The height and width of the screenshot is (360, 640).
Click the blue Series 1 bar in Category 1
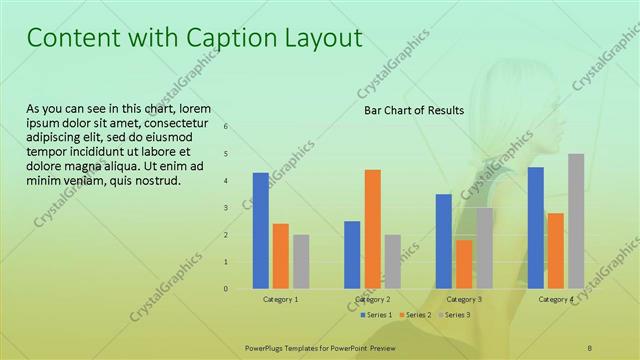pyautogui.click(x=260, y=230)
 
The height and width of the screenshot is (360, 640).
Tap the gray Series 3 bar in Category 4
pyautogui.click(x=576, y=221)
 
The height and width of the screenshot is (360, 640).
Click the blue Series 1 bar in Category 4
pyautogui.click(x=535, y=227)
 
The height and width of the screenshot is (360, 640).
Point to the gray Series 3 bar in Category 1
pyautogui.click(x=301, y=261)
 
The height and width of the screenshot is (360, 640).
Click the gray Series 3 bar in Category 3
pyautogui.click(x=484, y=248)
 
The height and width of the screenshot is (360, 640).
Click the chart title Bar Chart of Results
pyautogui.click(x=413, y=110)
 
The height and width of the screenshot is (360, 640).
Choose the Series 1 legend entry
pyautogui.click(x=375, y=315)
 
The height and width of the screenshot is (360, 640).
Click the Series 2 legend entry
pyautogui.click(x=415, y=315)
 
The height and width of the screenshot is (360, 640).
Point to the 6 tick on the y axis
pyautogui.click(x=226, y=127)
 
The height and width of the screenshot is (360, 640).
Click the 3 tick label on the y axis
pyautogui.click(x=226, y=208)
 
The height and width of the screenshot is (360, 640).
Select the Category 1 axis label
pyautogui.click(x=281, y=300)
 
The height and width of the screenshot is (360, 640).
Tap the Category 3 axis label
pyautogui.click(x=464, y=300)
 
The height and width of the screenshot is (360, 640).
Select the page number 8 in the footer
pyautogui.click(x=590, y=347)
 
